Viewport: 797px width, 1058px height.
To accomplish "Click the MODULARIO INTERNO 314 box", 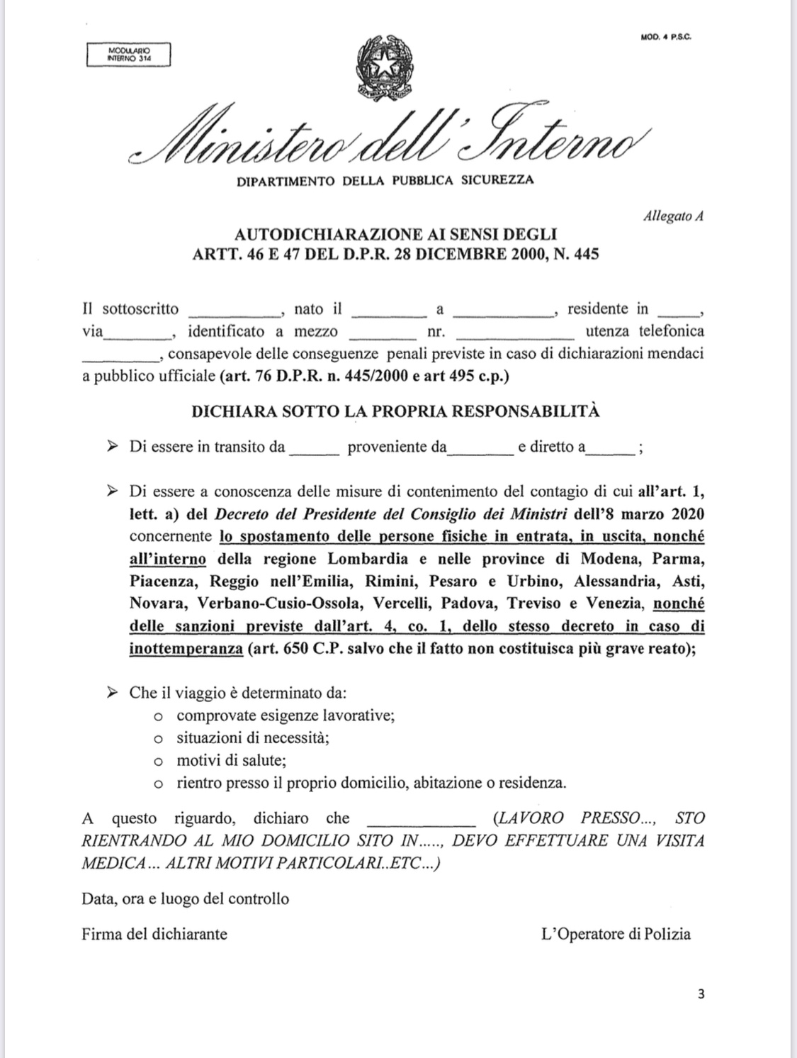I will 128,55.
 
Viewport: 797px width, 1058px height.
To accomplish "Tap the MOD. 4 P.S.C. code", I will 666,37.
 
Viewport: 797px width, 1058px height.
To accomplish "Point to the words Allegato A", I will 672,216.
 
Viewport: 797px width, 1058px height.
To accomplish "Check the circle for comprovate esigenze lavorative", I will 159,716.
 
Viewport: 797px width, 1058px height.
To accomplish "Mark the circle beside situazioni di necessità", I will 159,739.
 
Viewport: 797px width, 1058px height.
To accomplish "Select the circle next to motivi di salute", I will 159,762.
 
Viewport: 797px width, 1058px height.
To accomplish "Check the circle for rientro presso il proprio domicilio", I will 159,784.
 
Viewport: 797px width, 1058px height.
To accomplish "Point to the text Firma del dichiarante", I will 154,934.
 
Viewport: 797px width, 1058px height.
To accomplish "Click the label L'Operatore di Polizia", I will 615,934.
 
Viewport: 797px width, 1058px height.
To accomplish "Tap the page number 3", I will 701,994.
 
